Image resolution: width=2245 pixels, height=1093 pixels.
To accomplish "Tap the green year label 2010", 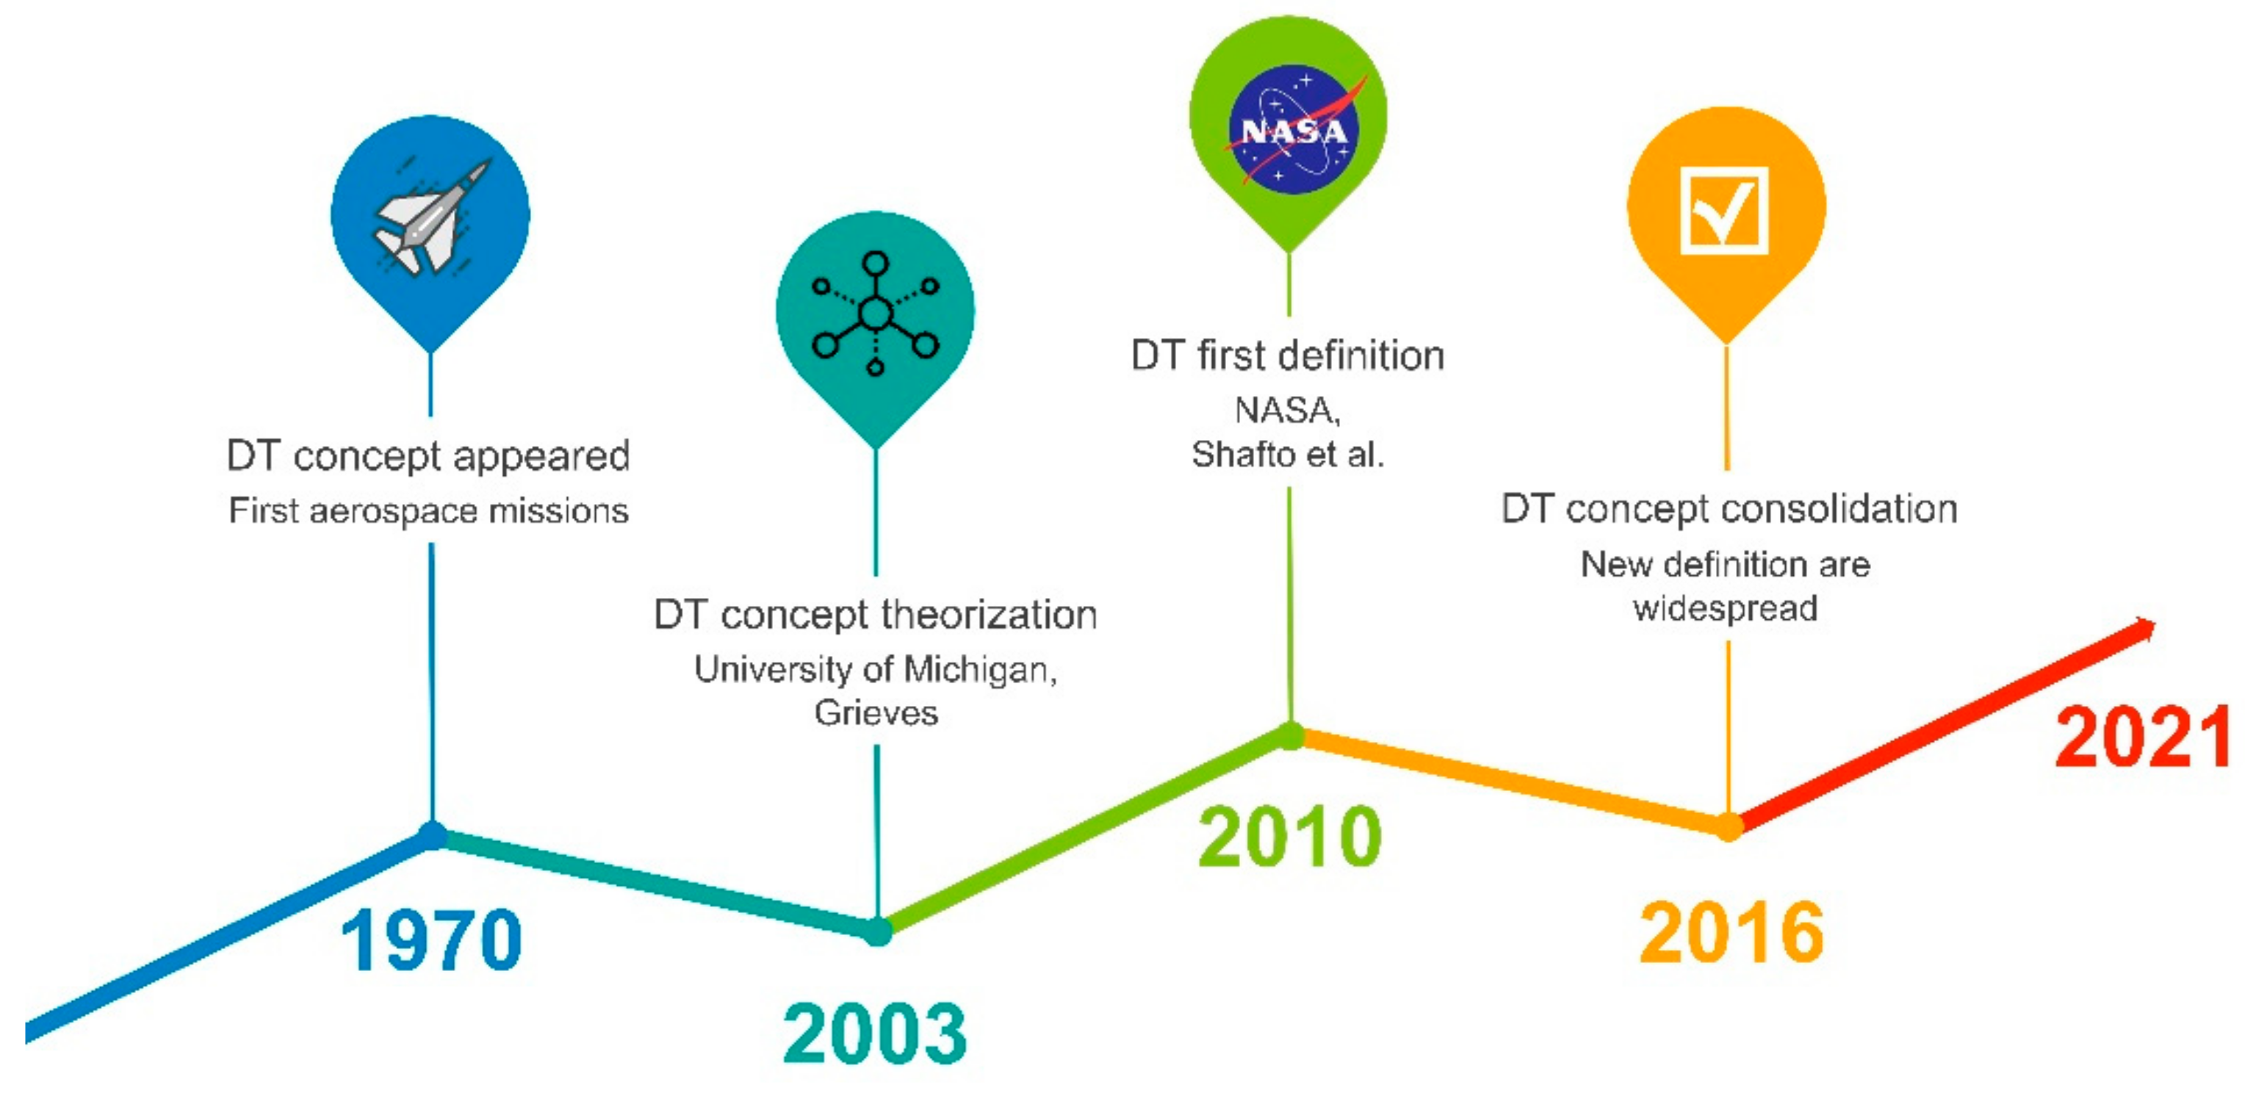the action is coord(1290,836).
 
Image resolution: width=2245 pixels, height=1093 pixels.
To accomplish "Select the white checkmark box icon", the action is coord(1724,210).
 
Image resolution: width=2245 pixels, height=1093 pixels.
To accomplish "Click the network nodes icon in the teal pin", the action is coord(875,313).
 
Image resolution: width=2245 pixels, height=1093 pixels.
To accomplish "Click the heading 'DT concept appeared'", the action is coord(428,456).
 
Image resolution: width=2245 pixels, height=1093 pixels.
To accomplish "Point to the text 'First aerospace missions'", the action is coord(428,511).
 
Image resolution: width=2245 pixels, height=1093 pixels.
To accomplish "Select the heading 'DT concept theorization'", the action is coord(875,615).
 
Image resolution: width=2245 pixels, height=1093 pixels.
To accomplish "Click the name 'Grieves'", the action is coord(876,713).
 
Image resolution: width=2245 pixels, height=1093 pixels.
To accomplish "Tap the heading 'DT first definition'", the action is coord(1288,356).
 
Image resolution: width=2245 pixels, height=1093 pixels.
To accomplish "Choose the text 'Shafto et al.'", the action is coord(1288,454).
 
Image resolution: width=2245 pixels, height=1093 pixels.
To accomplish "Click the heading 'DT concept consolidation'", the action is coord(1729,509).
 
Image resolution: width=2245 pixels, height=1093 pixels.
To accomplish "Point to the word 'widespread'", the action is coord(1726,608).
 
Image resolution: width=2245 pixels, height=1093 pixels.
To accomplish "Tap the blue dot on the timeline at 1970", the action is coord(432,835).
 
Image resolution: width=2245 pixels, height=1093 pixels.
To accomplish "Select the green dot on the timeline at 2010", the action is coord(1291,735).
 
